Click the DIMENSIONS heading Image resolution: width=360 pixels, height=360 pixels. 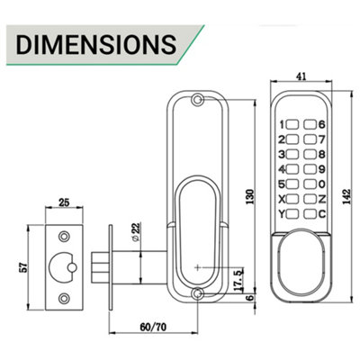pos(96,45)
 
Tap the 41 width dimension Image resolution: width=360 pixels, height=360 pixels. pos(301,76)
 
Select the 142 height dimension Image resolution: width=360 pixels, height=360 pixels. pos(346,196)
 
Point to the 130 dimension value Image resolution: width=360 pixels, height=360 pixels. pos(250,196)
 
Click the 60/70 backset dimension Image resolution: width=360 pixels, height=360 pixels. pos(153,327)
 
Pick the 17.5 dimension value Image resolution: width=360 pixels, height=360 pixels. pos(238,280)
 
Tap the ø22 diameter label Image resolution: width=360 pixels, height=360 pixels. pos(135,231)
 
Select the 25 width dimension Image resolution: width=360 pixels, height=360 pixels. pos(64,202)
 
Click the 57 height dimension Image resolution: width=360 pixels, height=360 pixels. pos(22,267)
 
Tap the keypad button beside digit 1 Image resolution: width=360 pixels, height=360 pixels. pos(293,124)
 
